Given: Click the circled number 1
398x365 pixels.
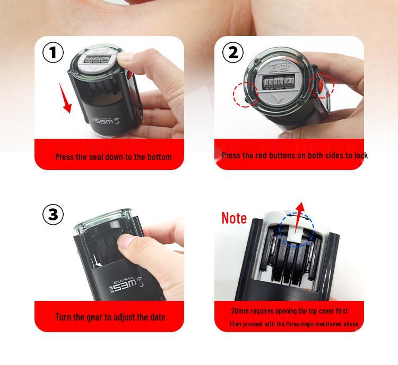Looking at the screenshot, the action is (53, 53).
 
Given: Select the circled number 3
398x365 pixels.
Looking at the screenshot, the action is (53, 215).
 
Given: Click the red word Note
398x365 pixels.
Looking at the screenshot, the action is (234, 218).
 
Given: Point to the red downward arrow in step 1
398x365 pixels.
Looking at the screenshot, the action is (65, 97).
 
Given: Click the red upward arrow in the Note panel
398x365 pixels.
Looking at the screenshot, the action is (298, 218).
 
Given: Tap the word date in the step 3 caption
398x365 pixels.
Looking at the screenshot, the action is (158, 317).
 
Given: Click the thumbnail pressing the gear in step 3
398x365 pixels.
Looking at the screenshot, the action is (126, 242).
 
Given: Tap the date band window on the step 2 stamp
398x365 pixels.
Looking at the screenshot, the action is (279, 81).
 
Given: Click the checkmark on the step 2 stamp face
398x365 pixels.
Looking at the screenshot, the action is (277, 99).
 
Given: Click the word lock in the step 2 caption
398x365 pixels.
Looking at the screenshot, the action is (361, 155).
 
